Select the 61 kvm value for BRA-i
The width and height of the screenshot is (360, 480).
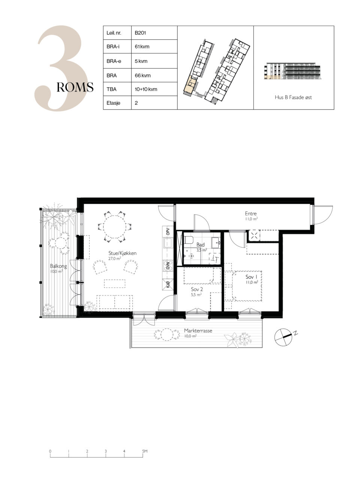pos(142,46)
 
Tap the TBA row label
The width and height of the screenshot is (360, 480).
pos(111,89)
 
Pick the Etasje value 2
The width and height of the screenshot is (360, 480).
pos(136,103)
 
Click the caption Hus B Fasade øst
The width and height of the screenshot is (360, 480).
pos(293,97)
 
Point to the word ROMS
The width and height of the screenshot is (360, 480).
pos(75,87)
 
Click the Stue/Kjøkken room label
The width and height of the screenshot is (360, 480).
pos(122,253)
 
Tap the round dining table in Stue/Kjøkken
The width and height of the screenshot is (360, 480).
pos(114,227)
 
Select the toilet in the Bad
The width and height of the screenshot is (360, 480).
pos(189,240)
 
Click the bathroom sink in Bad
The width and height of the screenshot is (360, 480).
pos(216,243)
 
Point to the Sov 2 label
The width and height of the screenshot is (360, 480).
pos(197,289)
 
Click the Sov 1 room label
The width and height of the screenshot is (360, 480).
pos(251,277)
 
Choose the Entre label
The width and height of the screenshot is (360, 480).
pos(251,213)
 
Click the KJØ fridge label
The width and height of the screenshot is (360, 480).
pos(168,285)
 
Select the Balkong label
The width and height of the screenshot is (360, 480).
pos(58,266)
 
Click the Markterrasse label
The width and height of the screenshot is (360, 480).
pos(198,331)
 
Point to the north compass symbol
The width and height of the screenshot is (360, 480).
pos(283,337)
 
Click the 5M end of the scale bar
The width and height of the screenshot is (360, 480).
pos(143,454)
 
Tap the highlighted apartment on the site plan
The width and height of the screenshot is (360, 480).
pos(189,86)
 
